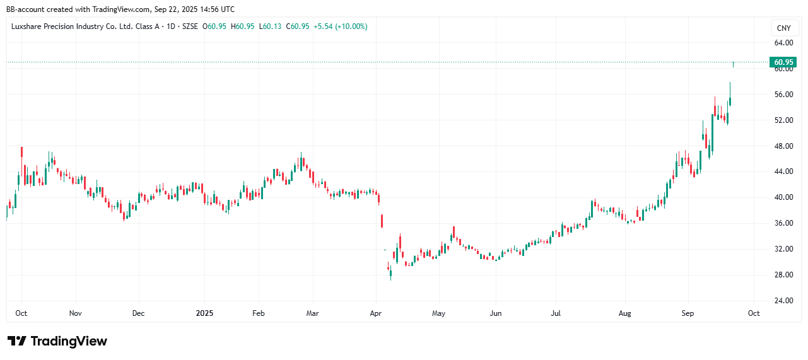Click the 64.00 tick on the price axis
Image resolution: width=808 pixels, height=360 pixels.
[783, 43]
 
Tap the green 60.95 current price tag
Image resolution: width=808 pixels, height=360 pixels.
[783, 62]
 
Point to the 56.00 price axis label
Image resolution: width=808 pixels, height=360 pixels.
[783, 95]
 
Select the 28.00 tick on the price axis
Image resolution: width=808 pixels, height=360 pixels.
[783, 275]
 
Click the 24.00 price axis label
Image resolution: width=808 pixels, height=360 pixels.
[783, 301]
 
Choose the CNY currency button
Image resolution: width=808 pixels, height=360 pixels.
[783, 28]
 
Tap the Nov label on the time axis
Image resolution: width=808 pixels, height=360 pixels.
[75, 313]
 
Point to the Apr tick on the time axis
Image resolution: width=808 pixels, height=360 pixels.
[376, 313]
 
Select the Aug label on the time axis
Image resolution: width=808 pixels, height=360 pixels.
[624, 313]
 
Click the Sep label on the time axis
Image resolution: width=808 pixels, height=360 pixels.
[688, 313]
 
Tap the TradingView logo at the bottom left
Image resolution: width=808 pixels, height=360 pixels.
[57, 341]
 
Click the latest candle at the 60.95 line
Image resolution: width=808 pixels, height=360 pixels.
[733, 64]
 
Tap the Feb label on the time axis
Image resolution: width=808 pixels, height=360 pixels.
[258, 313]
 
